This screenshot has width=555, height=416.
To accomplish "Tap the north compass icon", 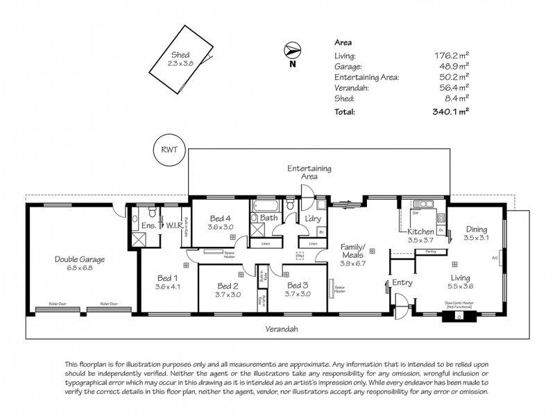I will click(292, 51).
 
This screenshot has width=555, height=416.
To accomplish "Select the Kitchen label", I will click(420, 232).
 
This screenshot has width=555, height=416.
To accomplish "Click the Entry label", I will click(402, 282).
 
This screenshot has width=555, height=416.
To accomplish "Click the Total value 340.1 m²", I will click(450, 111).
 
